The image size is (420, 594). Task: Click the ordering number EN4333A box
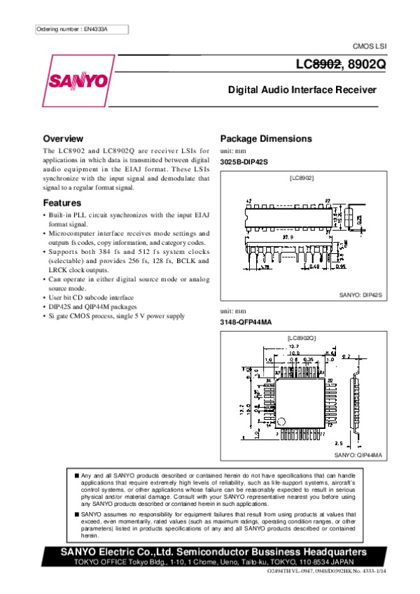(82, 29)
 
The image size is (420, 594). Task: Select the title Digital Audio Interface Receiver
(302, 90)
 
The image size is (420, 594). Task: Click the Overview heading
(63, 139)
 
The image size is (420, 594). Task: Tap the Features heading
(63, 203)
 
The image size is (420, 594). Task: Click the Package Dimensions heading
(266, 139)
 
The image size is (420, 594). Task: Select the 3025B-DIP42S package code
(244, 162)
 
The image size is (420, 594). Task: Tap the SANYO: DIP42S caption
(360, 296)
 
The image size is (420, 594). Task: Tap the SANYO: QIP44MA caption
(358, 455)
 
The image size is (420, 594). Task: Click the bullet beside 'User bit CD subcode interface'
(45, 297)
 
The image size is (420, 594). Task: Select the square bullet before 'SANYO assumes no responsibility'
(76, 514)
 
